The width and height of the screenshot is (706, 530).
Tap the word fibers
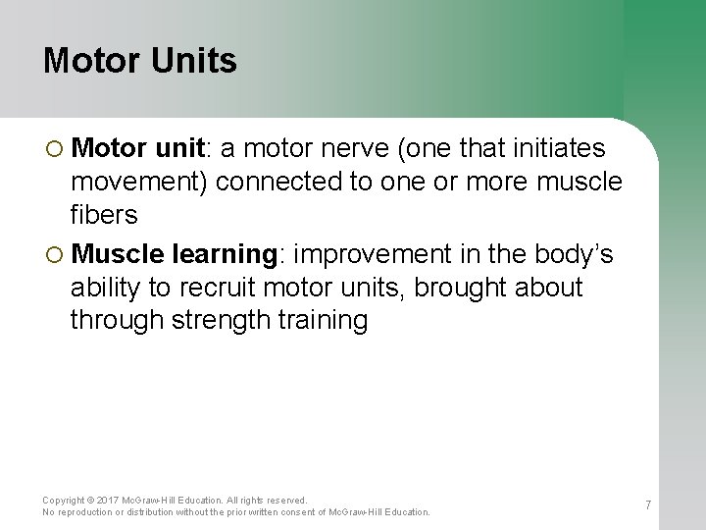(104, 215)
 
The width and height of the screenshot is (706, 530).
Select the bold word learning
(224, 254)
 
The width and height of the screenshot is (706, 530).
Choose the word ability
(104, 289)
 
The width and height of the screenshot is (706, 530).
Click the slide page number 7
(648, 505)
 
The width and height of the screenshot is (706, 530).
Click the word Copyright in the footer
(64, 501)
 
